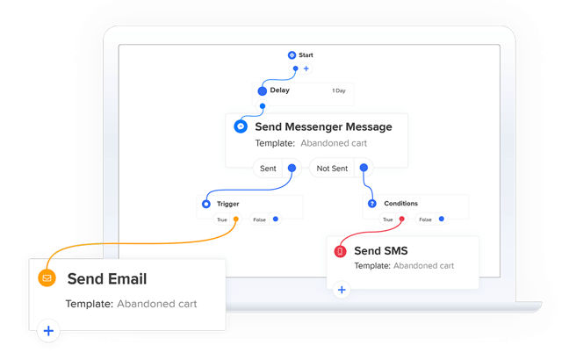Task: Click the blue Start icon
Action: pos(292,54)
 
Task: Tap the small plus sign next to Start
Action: pos(306,68)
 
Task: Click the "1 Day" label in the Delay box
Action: pos(339,90)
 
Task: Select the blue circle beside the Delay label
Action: pos(263,91)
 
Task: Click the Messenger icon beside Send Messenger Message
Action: pos(241,126)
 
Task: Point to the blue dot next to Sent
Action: pos(292,168)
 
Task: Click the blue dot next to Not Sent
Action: pos(364,168)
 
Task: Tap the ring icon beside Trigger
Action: pos(206,204)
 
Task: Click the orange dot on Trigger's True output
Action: pos(236,219)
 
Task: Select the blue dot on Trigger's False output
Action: pos(276,219)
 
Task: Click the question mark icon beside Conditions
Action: pos(372,204)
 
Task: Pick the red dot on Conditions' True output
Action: pos(402,219)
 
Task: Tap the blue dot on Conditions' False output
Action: pos(442,219)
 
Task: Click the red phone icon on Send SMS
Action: pos(340,251)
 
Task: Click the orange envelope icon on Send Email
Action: pos(47,278)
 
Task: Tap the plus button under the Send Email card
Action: pos(48,331)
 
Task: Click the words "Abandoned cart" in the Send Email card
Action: pos(157,304)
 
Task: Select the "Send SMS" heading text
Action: pos(381,251)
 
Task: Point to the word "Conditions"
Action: pos(400,204)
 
